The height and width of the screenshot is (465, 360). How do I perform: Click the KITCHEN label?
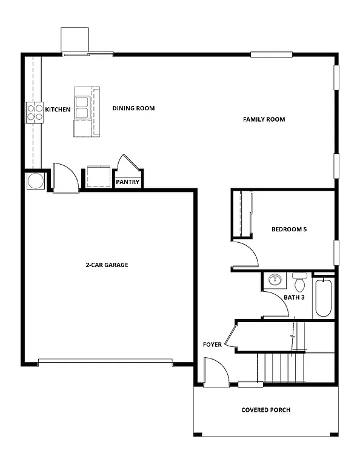(x=58, y=110)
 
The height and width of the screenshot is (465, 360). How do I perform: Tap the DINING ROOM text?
(x=133, y=108)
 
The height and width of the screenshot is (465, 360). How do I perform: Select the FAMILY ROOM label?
(x=264, y=119)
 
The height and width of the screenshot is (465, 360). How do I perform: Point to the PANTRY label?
(x=128, y=182)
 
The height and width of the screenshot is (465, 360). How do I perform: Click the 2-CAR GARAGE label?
(x=107, y=265)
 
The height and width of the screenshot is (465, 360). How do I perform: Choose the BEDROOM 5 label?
(x=289, y=229)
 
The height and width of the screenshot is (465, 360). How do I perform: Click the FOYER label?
(x=212, y=345)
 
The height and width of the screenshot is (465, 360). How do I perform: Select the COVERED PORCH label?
(x=265, y=410)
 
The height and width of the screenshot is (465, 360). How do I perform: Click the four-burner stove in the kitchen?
(x=35, y=112)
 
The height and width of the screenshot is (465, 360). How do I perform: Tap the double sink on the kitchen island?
(x=82, y=108)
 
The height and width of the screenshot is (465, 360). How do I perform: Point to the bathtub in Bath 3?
(x=323, y=298)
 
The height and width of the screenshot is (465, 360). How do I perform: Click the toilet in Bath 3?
(x=299, y=283)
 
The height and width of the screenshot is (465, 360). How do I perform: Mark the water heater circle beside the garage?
(x=35, y=181)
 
